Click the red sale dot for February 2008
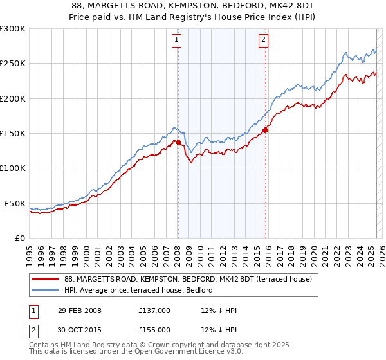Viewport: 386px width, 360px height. [178, 142]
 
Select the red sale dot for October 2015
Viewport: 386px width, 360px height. [266, 130]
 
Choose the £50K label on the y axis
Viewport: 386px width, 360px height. [15, 203]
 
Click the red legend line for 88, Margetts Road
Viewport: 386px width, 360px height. [46, 279]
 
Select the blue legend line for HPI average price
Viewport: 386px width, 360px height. [46, 290]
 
